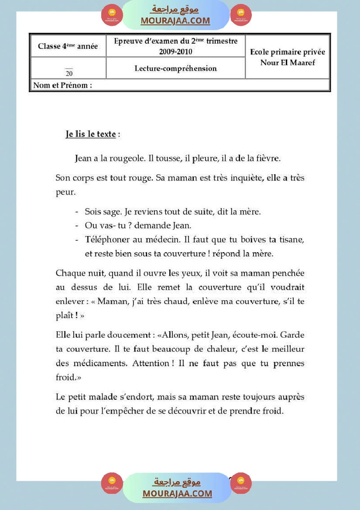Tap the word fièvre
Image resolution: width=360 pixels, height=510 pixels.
pyautogui.click(x=266, y=158)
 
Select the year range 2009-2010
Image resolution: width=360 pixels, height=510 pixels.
pyautogui.click(x=176, y=51)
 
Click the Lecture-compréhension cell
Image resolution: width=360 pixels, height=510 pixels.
pyautogui.click(x=175, y=68)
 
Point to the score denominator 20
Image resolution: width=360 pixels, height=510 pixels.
pyautogui.click(x=69, y=73)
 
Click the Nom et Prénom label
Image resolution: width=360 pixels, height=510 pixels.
pyautogui.click(x=62, y=86)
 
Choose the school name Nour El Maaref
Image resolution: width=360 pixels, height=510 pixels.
pyautogui.click(x=288, y=62)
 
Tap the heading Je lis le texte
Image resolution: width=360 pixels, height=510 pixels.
pyautogui.click(x=91, y=134)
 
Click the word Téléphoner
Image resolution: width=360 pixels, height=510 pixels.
pyautogui.click(x=105, y=240)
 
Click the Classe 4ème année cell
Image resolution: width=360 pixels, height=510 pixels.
pyautogui.click(x=68, y=46)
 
